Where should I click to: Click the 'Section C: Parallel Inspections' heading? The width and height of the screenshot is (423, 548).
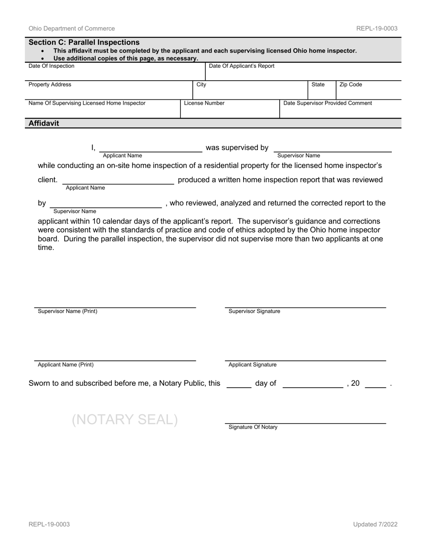[x=84, y=42]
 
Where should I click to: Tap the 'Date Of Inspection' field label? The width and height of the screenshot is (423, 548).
[x=52, y=66]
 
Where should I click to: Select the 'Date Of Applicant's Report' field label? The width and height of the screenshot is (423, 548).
[x=242, y=66]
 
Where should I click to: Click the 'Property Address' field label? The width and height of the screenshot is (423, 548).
[x=50, y=85]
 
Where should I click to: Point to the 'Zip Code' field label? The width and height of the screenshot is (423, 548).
[x=351, y=85]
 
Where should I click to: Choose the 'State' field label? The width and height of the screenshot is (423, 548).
[x=318, y=85]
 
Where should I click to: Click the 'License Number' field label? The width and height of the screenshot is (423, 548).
[x=204, y=103]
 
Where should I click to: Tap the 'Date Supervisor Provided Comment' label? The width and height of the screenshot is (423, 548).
[x=328, y=103]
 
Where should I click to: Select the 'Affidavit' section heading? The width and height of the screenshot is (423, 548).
[x=44, y=123]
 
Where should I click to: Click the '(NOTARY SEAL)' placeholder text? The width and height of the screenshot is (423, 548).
[x=125, y=420]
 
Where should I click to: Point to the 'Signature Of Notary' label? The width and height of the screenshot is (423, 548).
[x=253, y=427]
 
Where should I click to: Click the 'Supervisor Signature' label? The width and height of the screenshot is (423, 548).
[x=254, y=311]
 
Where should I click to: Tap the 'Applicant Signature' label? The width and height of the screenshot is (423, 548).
[x=252, y=365]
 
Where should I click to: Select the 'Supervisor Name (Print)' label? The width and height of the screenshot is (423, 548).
[x=68, y=311]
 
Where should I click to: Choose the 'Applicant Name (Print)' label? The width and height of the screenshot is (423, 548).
[x=66, y=365]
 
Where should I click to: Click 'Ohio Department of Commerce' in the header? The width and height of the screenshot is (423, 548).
[x=72, y=29]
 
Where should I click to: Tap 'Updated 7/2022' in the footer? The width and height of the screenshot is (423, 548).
[x=375, y=524]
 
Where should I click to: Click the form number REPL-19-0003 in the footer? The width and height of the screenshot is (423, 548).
[x=49, y=524]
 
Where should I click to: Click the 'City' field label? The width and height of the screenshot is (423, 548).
[x=201, y=85]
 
